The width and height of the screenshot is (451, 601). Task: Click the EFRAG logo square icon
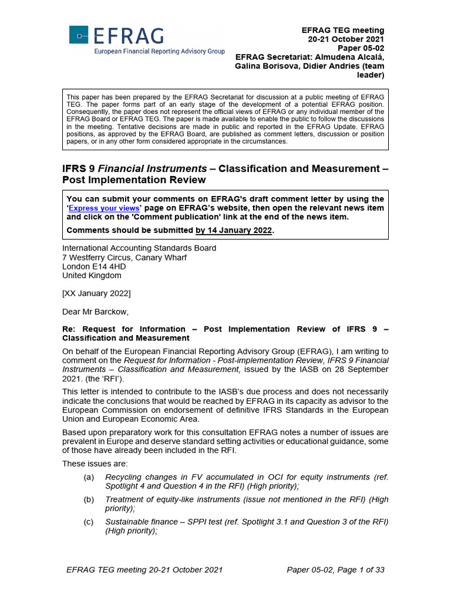click(79, 35)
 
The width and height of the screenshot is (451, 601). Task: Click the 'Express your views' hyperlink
click(104, 208)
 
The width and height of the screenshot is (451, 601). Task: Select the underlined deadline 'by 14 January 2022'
click(234, 231)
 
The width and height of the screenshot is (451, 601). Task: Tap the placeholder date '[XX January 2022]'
click(96, 293)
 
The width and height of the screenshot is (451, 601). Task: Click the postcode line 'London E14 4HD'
click(94, 266)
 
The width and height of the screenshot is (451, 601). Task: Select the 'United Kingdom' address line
click(92, 275)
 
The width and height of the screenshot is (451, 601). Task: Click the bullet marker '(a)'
click(89, 477)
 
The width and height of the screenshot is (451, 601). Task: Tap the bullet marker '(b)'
click(89, 499)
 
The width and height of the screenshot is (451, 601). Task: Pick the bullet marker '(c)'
click(89, 522)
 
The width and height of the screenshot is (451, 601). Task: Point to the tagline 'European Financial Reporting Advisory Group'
click(160, 52)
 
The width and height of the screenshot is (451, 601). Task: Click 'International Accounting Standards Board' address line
click(139, 248)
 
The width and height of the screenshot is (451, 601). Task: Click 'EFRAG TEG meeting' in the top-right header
click(343, 30)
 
